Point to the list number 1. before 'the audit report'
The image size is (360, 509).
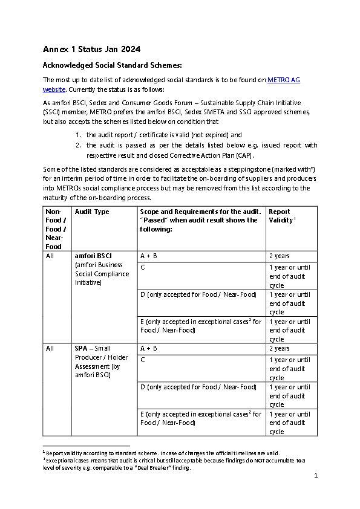[x=78, y=135]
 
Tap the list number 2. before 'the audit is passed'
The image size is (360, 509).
[x=78, y=145]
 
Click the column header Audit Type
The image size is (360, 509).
[x=91, y=212]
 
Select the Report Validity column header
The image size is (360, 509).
[x=280, y=216]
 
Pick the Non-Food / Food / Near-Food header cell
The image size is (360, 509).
[x=55, y=229]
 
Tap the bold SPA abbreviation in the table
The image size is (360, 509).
[x=81, y=348]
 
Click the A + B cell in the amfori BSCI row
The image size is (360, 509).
[x=149, y=256]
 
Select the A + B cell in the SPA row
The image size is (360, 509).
[x=149, y=348]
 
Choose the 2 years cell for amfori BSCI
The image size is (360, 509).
[x=279, y=256]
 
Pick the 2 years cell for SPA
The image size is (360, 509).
[x=279, y=348]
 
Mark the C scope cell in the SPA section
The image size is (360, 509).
[x=143, y=360]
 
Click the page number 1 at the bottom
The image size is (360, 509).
[x=316, y=476]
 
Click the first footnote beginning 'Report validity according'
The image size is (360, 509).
[x=163, y=453]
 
